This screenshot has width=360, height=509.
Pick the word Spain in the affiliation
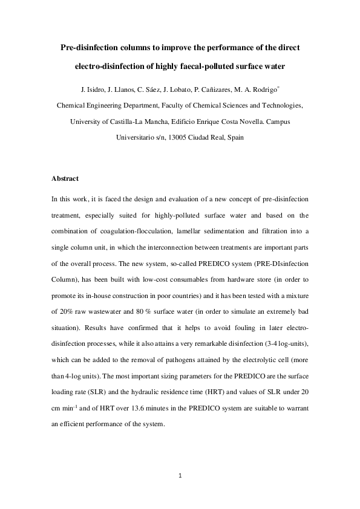point(234,137)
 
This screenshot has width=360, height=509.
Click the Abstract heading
point(65,179)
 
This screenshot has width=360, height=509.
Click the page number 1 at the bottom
point(180,476)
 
